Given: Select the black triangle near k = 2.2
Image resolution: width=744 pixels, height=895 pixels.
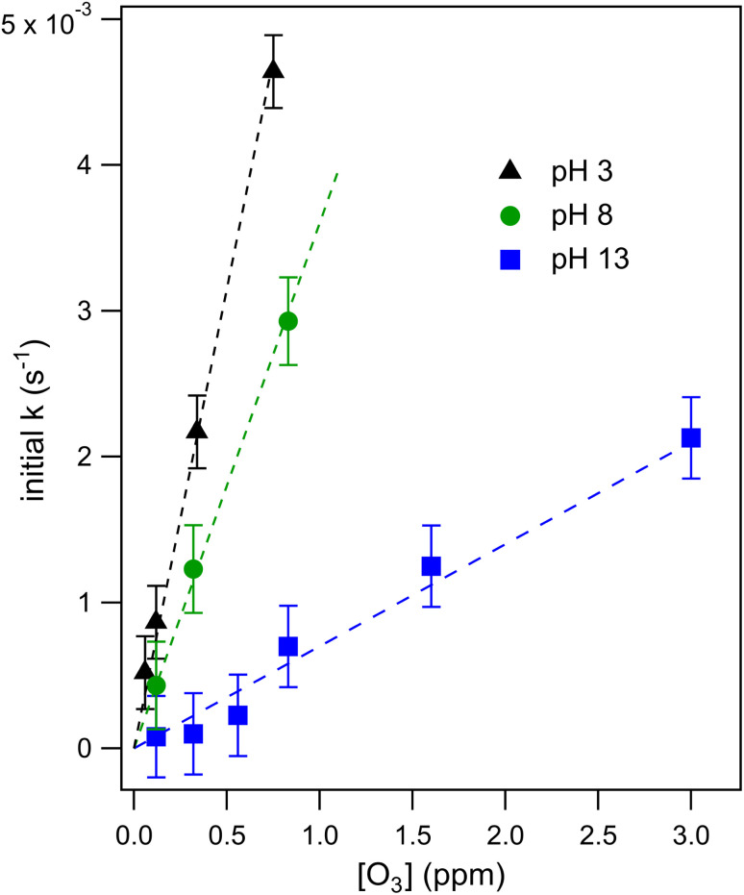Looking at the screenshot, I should click(x=197, y=430).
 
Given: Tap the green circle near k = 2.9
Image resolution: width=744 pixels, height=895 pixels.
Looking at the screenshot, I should click(x=287, y=321).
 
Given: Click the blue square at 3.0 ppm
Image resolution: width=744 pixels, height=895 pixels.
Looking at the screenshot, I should click(x=690, y=437).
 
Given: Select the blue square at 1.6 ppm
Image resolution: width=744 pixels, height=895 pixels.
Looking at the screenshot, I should click(x=431, y=566).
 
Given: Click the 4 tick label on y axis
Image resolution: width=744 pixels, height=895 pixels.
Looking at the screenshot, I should click(x=99, y=165).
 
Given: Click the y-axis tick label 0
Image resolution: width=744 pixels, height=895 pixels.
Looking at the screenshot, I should click(x=99, y=748).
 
